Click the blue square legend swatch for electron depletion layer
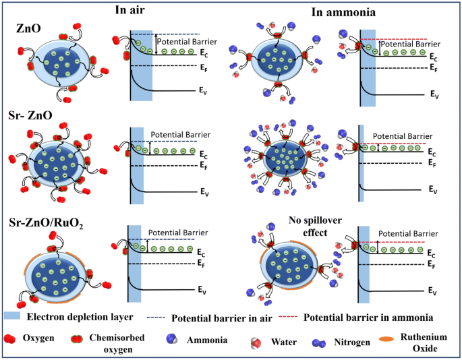click(x=15, y=315)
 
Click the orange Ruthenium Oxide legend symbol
click(x=383, y=340)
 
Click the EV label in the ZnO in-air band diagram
click(x=202, y=89)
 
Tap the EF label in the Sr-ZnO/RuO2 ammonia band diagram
click(x=430, y=264)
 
